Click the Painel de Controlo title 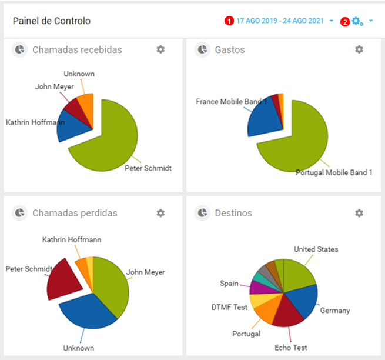pyautogui.click(x=52, y=21)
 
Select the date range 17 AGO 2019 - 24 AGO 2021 pyautogui.click(x=280, y=21)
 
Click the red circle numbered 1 pyautogui.click(x=229, y=21)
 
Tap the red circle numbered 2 pyautogui.click(x=345, y=22)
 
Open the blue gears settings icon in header pyautogui.click(x=357, y=21)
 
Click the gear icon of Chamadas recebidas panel pyautogui.click(x=160, y=50)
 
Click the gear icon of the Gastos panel pyautogui.click(x=359, y=50)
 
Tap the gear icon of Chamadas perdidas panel pyautogui.click(x=160, y=213)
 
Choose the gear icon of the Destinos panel pyautogui.click(x=359, y=213)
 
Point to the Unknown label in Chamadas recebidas pyautogui.click(x=79, y=74)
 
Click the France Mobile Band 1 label pyautogui.click(x=232, y=102)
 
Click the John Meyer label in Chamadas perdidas pyautogui.click(x=146, y=272)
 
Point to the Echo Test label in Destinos pyautogui.click(x=291, y=348)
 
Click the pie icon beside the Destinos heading pyautogui.click(x=202, y=213)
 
